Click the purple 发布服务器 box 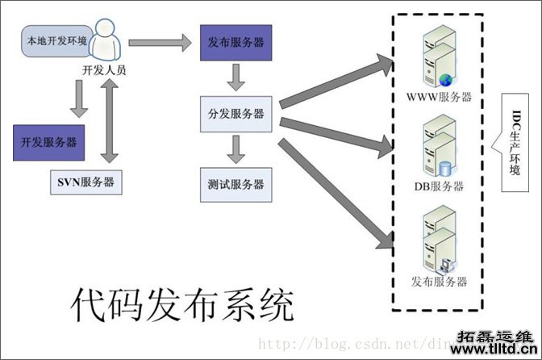pyautogui.click(x=234, y=43)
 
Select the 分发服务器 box pyautogui.click(x=236, y=114)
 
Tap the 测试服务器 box pyautogui.click(x=236, y=184)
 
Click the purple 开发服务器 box pyautogui.click(x=49, y=142)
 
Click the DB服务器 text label pyautogui.click(x=440, y=187)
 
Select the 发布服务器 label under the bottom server pyautogui.click(x=440, y=282)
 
